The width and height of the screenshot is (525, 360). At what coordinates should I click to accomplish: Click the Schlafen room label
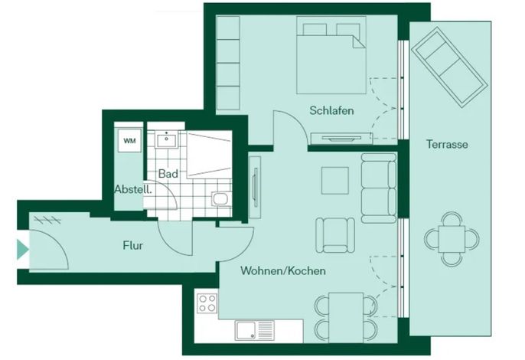(x=331, y=110)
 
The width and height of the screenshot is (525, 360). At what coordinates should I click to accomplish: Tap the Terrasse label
(x=447, y=144)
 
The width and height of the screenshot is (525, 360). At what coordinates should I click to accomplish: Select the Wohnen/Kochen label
(x=283, y=270)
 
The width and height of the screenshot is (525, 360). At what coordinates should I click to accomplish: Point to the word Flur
(x=133, y=245)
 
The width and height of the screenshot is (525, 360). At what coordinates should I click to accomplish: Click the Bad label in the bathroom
(x=168, y=174)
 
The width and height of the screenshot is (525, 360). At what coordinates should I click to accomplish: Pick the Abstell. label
(x=133, y=189)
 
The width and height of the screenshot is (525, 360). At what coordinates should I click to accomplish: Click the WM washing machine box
(x=129, y=140)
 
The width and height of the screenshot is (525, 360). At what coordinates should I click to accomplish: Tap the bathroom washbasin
(x=166, y=139)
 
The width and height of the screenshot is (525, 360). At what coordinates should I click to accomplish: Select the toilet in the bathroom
(x=220, y=199)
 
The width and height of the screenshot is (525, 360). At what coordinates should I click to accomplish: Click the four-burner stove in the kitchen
(x=207, y=303)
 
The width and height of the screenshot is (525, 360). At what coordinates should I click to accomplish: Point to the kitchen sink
(x=254, y=330)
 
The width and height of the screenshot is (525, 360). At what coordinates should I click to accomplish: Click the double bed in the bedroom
(x=331, y=55)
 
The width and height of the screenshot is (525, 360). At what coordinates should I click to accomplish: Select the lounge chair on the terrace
(x=449, y=67)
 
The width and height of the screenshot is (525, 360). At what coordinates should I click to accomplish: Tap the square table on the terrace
(x=452, y=239)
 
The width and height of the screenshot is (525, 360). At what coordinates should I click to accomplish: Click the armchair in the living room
(x=335, y=234)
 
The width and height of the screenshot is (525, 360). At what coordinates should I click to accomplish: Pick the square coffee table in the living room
(x=335, y=181)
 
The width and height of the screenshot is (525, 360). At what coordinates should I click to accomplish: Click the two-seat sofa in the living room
(x=379, y=188)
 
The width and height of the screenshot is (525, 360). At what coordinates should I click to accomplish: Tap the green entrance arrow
(x=22, y=250)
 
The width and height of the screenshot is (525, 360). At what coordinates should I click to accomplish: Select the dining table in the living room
(x=346, y=317)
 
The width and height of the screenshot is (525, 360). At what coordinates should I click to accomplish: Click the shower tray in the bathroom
(x=209, y=153)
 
